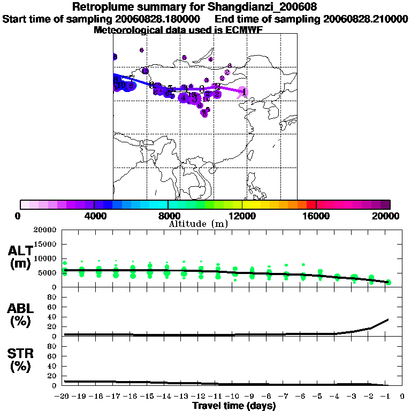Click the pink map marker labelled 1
point(243,92)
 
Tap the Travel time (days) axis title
point(234,406)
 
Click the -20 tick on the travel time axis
point(63,397)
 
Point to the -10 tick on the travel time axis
point(234,397)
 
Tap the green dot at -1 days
point(389,282)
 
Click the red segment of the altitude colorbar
point(311,204)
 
